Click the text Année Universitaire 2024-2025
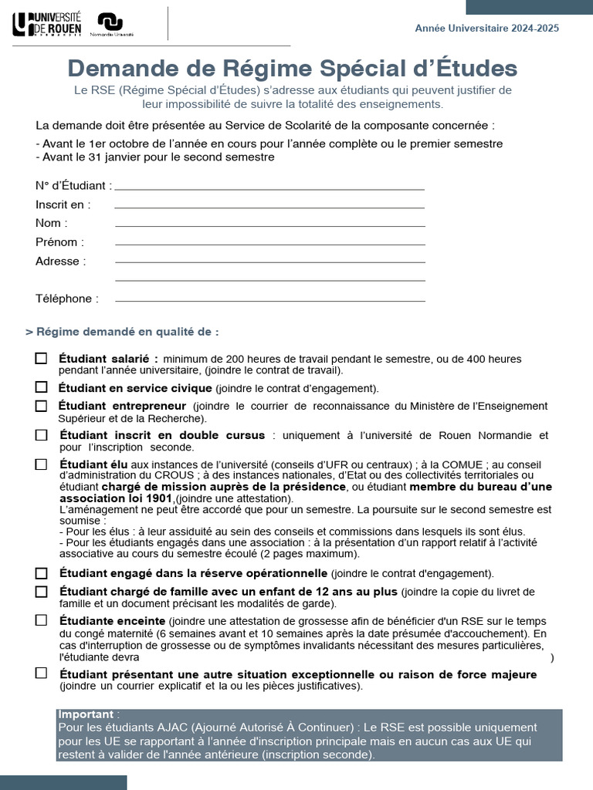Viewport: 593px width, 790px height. click(x=486, y=28)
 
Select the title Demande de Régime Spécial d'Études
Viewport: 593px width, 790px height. click(x=293, y=68)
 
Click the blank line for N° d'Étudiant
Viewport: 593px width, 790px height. click(x=269, y=188)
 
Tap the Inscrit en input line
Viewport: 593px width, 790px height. click(x=269, y=207)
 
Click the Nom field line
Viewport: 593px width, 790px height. click(x=269, y=225)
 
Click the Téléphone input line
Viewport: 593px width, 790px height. click(x=269, y=300)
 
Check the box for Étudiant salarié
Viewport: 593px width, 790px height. click(x=41, y=358)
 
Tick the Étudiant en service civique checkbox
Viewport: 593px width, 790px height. click(x=41, y=387)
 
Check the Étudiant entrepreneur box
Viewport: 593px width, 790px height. click(x=41, y=406)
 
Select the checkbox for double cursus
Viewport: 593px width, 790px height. click(x=41, y=435)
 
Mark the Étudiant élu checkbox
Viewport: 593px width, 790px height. click(x=41, y=464)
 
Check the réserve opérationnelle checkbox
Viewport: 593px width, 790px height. click(x=41, y=573)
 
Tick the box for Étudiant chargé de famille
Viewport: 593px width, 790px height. click(x=41, y=592)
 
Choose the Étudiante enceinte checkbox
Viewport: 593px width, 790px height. click(x=41, y=620)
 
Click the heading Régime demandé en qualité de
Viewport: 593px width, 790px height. click(x=122, y=332)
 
